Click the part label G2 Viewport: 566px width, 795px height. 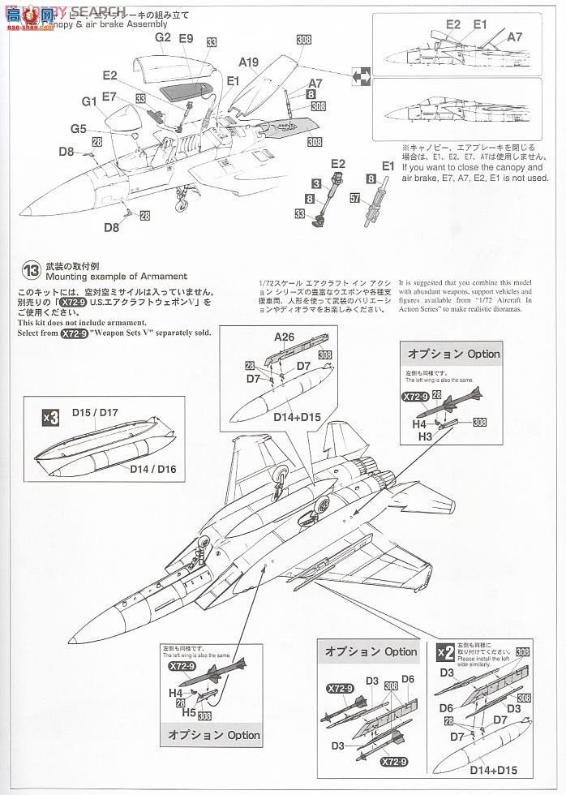pos(162,37)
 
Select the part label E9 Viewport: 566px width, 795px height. pos(186,38)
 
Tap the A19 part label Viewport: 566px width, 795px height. pos(248,62)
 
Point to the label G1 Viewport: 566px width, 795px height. pos(89,101)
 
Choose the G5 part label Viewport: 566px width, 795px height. pos(78,128)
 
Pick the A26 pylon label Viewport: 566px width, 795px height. pos(284,337)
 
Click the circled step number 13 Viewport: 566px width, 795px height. pos(31,270)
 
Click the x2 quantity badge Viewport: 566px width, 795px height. pos(445,651)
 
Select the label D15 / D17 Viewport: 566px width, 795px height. pos(94,412)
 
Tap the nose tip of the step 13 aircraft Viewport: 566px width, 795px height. pos(72,635)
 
